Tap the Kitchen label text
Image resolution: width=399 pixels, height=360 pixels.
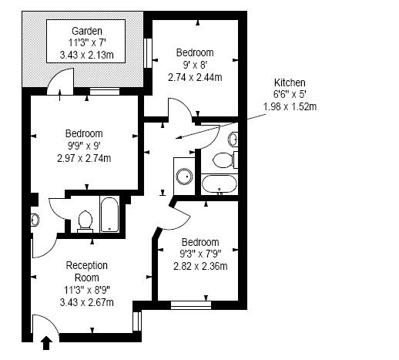pos(290,82)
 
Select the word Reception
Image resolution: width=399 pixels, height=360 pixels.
pos(86,265)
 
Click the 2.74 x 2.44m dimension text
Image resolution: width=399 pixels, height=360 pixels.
pos(195,77)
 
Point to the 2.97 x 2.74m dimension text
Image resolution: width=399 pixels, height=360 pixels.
pos(84,158)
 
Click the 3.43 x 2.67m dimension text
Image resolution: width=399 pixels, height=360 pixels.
pos(86,302)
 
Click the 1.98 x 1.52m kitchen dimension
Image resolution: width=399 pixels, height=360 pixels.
pos(290,106)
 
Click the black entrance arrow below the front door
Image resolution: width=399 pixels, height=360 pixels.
pos(46,341)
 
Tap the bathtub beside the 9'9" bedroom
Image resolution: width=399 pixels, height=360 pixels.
pos(109,214)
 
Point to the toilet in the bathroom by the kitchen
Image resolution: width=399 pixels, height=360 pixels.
pos(223,160)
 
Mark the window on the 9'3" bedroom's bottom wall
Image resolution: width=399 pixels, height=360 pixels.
pos(190,304)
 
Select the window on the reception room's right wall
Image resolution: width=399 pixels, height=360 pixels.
pos(137,319)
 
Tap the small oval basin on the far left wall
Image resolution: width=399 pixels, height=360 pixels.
pos(34,220)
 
